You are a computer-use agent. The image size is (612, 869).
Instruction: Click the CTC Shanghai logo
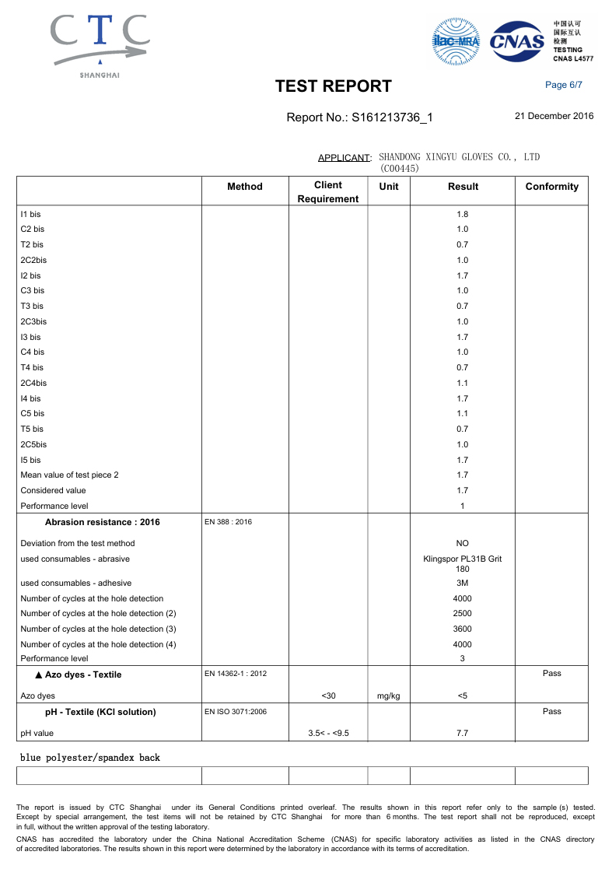[100, 45]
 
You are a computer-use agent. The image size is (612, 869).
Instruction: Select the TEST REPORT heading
[334, 86]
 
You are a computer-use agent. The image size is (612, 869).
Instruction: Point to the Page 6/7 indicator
[564, 85]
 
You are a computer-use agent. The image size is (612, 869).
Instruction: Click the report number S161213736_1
[359, 117]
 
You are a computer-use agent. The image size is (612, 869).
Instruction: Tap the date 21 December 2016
[554, 116]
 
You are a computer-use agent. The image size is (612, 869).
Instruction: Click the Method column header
[245, 187]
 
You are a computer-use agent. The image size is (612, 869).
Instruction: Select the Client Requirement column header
[328, 192]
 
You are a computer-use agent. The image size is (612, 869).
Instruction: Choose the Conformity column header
[552, 187]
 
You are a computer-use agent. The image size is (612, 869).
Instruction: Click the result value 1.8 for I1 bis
[463, 214]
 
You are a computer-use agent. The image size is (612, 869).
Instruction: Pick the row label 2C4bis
[33, 383]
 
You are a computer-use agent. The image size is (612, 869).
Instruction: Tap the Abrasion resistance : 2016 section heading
[103, 522]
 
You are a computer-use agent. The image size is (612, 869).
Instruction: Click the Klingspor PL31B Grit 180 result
[463, 563]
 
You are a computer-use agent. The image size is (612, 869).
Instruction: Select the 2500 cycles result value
[463, 614]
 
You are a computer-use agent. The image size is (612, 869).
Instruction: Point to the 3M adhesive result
[463, 583]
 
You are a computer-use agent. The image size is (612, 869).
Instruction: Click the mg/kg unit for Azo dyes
[388, 696]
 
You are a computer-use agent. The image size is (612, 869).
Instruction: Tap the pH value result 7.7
[463, 733]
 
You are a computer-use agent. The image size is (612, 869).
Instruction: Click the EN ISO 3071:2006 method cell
[235, 712]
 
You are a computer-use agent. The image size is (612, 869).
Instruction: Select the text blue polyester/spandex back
[90, 757]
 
